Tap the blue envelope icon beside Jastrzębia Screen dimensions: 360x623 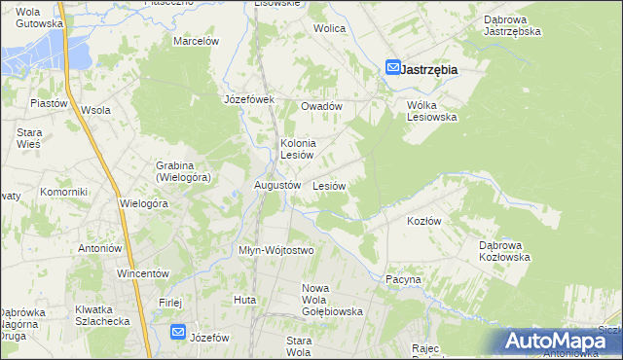tap(392, 68)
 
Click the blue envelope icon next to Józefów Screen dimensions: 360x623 tap(177, 332)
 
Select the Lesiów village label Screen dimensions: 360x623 tap(329, 185)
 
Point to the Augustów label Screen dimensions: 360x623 tap(276, 185)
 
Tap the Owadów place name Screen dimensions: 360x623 tap(321, 106)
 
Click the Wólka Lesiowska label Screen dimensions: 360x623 tap(432, 110)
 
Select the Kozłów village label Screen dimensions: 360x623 tap(424, 221)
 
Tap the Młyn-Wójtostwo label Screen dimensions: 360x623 tap(276, 250)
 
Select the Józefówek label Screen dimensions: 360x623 tap(250, 99)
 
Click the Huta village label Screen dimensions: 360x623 tap(244, 300)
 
